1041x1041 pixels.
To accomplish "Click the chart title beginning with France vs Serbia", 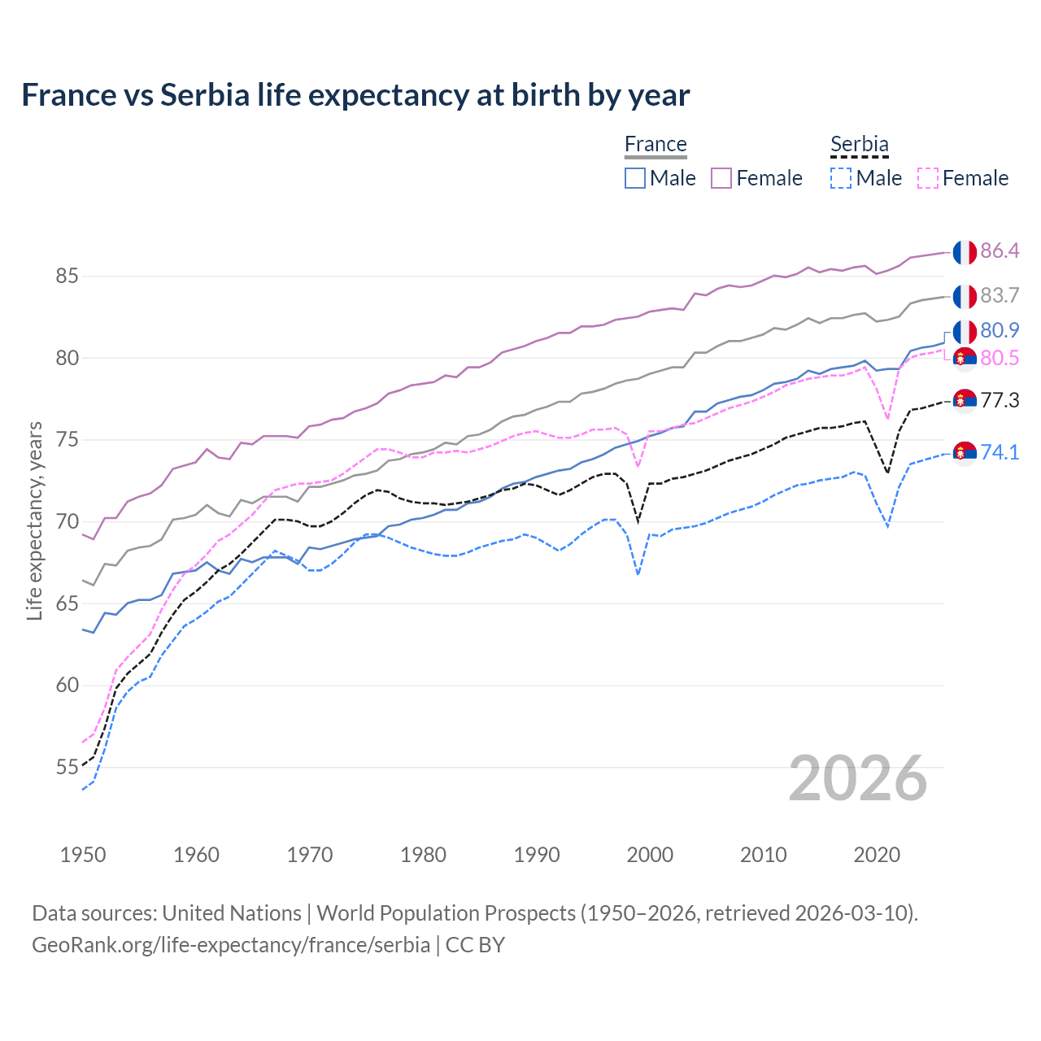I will coord(355,95).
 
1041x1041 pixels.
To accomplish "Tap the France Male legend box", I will coord(635,178).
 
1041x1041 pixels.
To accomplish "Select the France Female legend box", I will coord(721,178).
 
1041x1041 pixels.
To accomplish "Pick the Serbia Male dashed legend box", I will coord(841,178).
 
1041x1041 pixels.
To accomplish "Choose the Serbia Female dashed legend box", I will coord(927,178).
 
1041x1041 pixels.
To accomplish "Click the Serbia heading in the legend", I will coord(859,144).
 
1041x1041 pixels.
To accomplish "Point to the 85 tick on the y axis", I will coord(67,276).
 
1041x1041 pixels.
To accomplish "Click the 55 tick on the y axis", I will coord(67,767).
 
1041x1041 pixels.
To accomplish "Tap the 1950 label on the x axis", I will coord(83,855).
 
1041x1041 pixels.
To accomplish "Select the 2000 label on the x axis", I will coord(650,855).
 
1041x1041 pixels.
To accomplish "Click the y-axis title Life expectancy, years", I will coord(34,520).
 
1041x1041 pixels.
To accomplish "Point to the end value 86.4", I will coord(1000,250).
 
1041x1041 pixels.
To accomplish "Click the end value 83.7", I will coord(1000,295).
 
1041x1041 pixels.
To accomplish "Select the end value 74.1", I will coord(1000,452).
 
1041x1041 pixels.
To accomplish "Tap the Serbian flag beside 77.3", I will coord(965,401).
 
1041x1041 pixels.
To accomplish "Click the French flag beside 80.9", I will coord(965,332).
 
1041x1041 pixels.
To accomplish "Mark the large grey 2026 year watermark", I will coord(858,778).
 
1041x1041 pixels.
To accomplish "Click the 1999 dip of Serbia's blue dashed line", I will coord(638,574).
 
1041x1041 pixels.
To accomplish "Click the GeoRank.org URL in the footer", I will coord(231,945).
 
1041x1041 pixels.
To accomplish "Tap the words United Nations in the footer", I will coord(232,913).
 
